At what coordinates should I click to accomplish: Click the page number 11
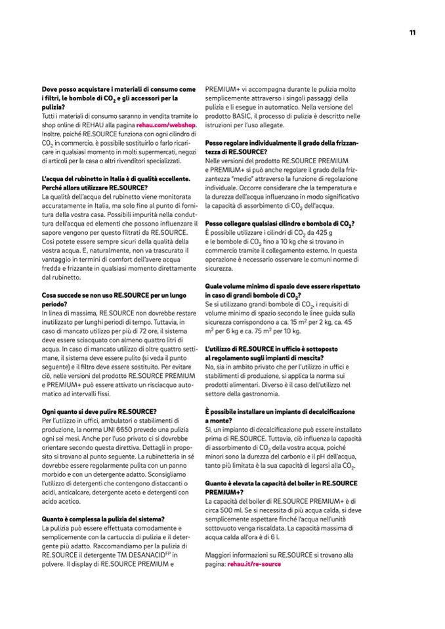click(x=412, y=32)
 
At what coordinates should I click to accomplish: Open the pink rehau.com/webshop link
click(x=166, y=123)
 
